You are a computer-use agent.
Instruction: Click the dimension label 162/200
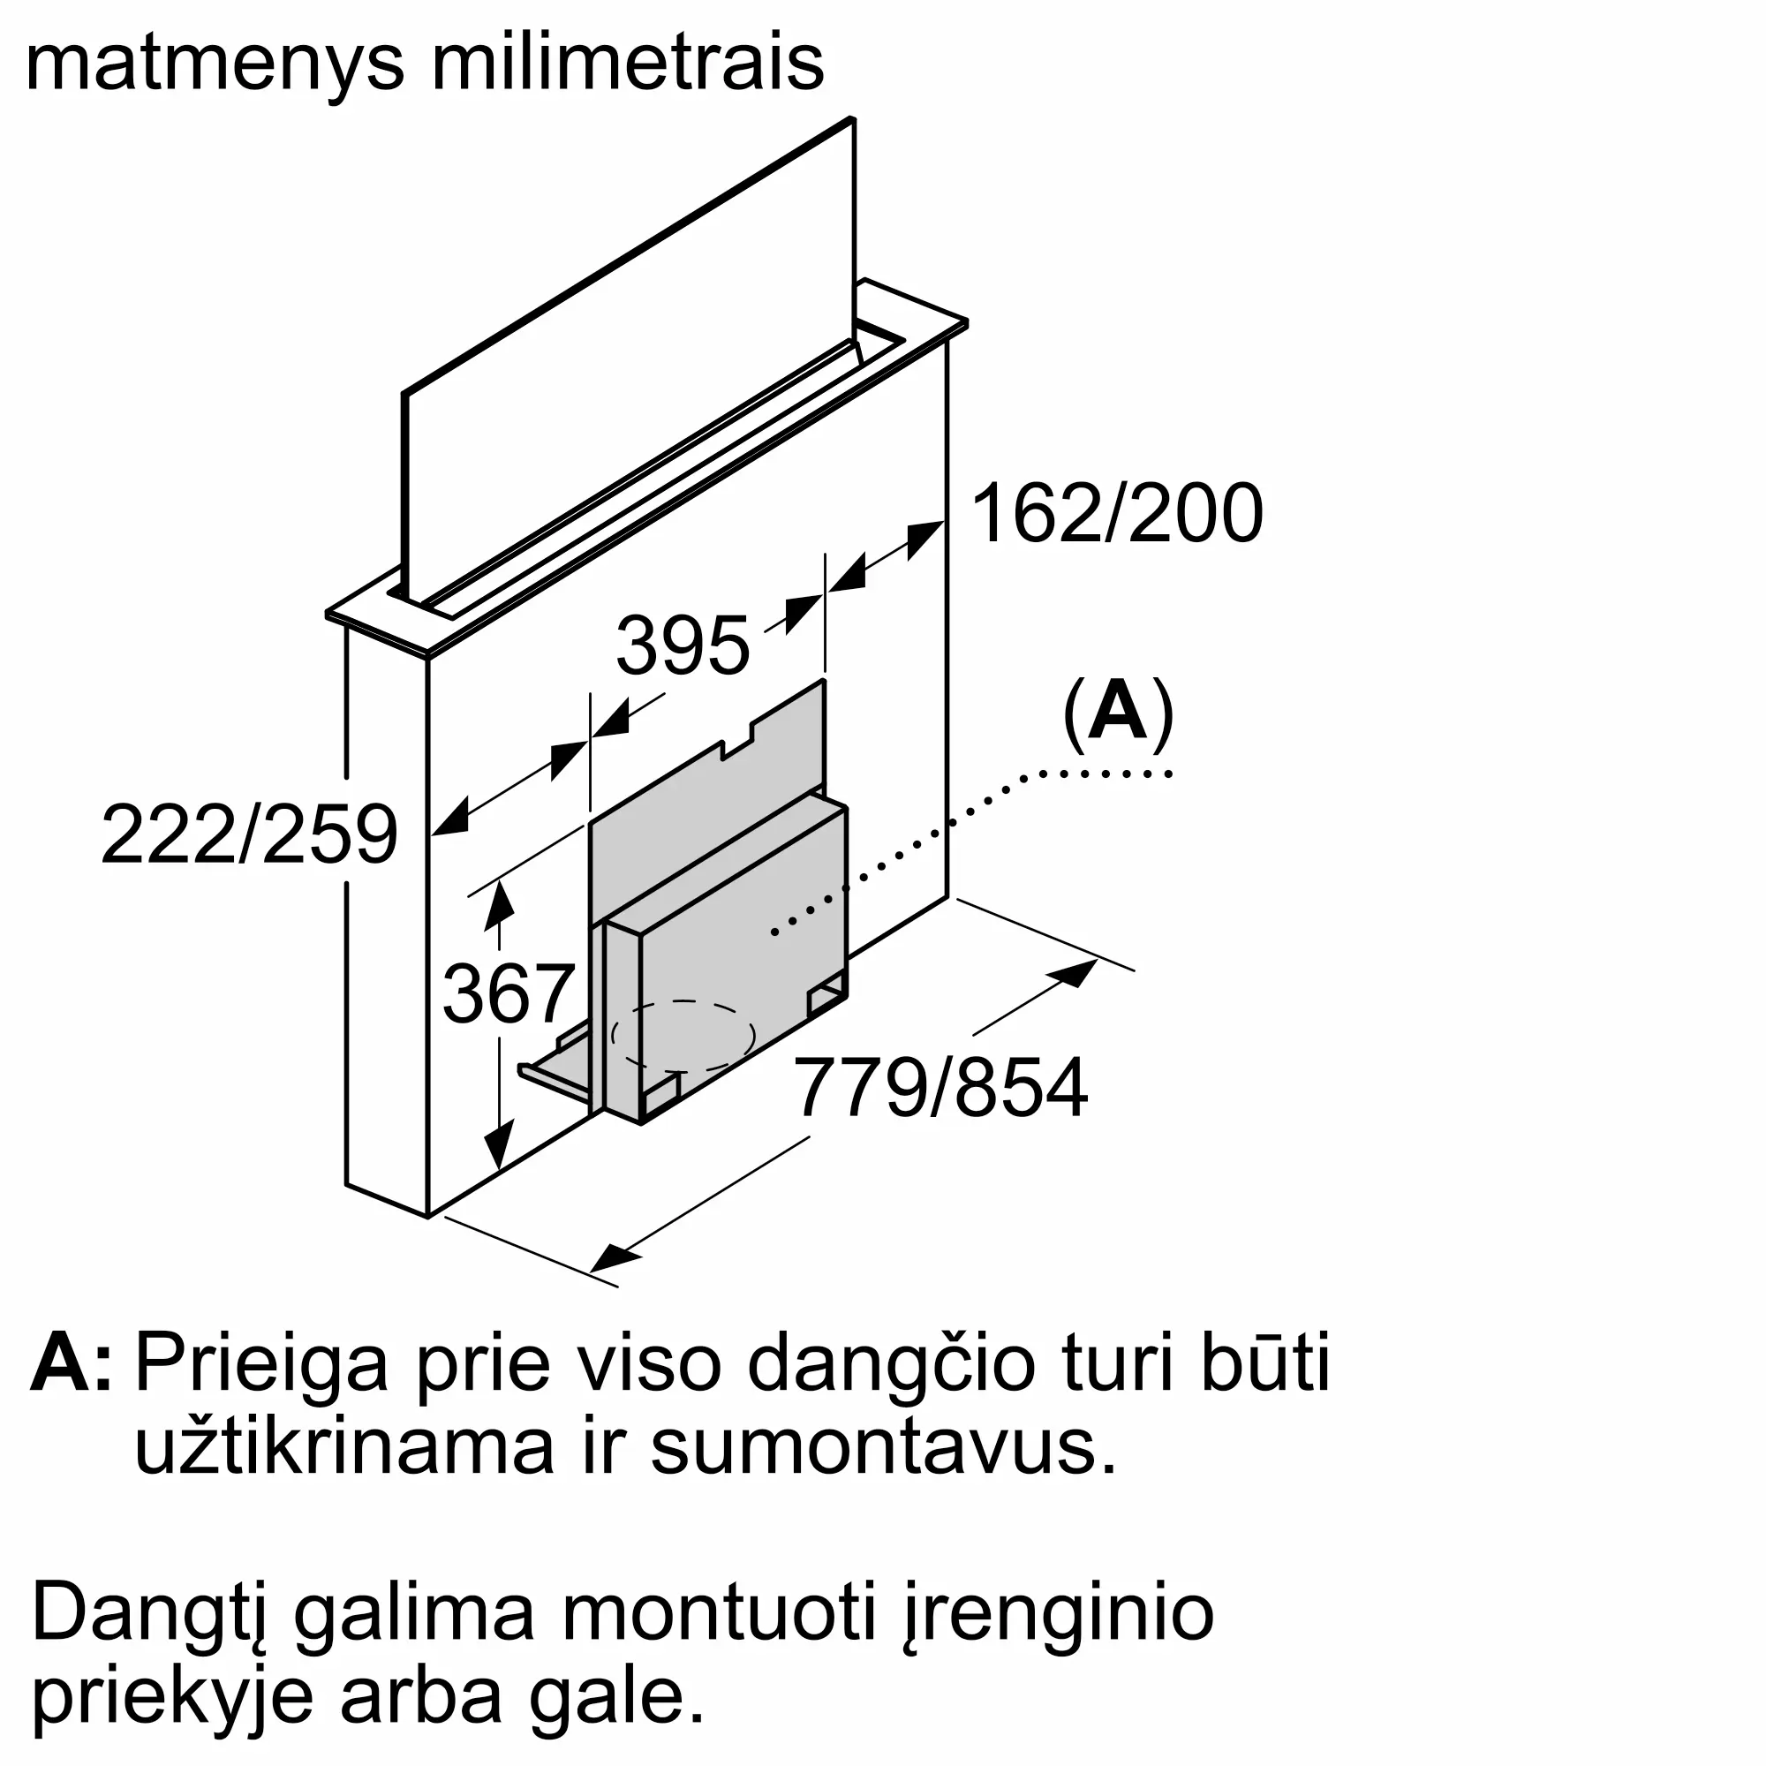coord(1116,515)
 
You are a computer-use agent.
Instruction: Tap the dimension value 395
coord(682,646)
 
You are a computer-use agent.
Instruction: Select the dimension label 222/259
coord(249,834)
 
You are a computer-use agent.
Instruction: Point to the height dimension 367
coord(508,994)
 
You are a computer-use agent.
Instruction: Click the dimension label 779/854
coord(940,1089)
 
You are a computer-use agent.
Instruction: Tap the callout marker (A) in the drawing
coord(1117,717)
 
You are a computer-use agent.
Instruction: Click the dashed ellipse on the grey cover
coord(683,1036)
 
